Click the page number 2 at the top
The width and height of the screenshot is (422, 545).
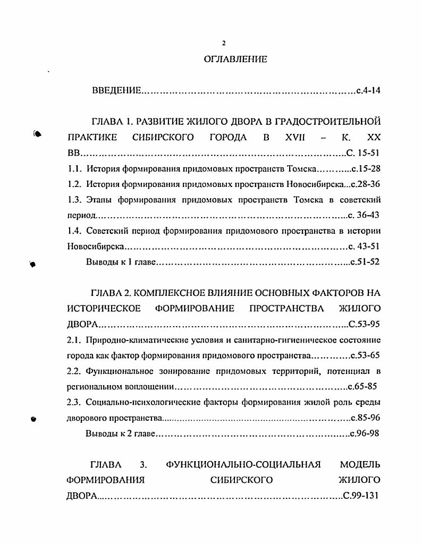point(224,44)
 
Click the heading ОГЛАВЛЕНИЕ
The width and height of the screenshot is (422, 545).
point(235,59)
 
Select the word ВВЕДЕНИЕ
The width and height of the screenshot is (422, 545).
point(116,91)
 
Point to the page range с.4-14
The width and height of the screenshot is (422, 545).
point(369,91)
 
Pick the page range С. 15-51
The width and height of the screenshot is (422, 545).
point(364,154)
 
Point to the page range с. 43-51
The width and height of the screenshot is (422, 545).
point(365,246)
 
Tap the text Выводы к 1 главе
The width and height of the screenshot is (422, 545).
point(122,262)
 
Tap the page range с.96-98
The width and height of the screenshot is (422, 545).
point(365,433)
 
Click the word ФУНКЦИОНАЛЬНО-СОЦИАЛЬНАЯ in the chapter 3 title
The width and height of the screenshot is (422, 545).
point(243,465)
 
